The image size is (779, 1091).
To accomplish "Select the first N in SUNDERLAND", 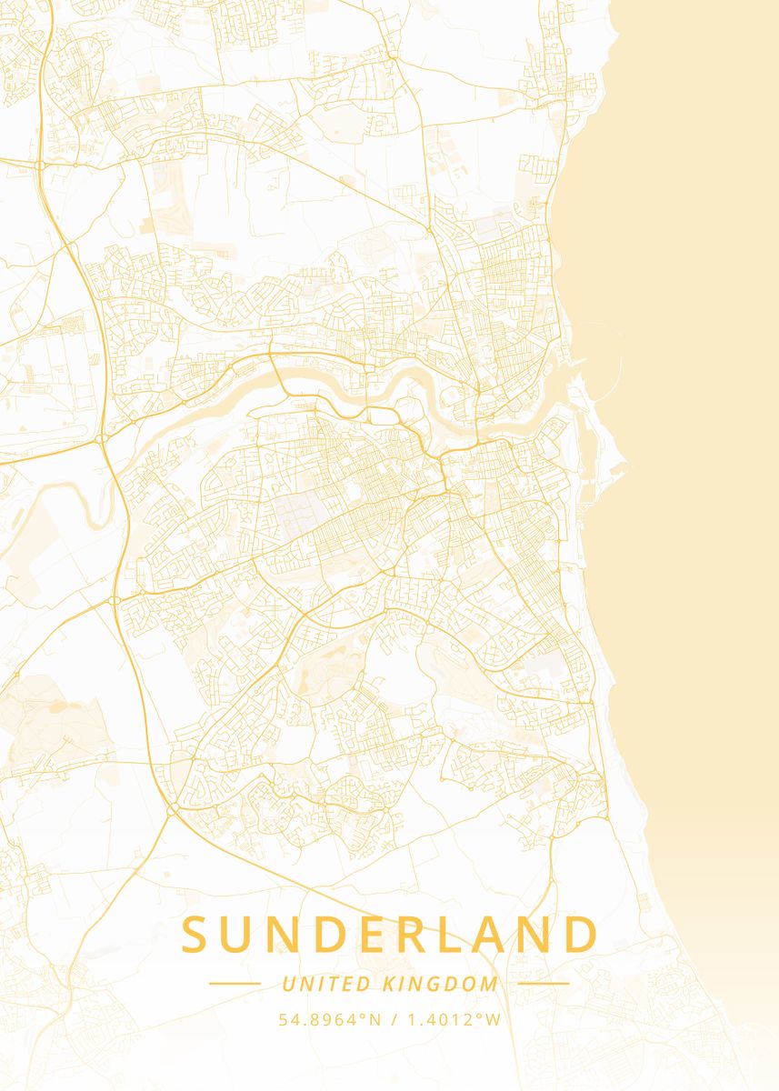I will (290, 936).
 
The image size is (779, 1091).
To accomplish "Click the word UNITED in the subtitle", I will (325, 984).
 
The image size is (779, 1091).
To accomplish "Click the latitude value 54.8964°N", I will (330, 1019).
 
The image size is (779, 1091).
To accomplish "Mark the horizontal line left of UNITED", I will (235, 984).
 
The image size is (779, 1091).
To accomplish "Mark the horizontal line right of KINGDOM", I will (544, 984).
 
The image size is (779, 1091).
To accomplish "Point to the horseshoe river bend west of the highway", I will (91, 509).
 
